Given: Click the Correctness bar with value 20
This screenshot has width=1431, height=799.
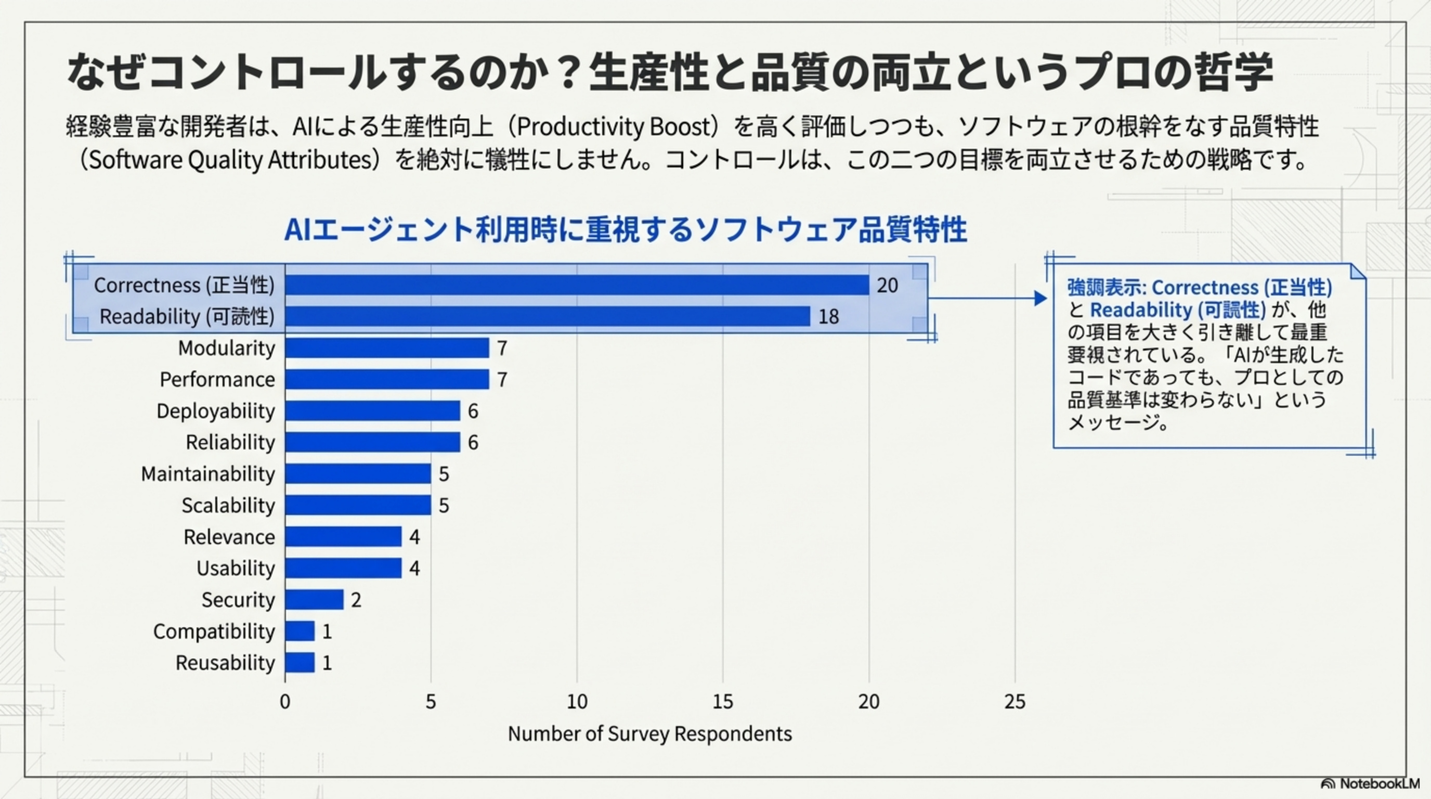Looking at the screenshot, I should pos(577,285).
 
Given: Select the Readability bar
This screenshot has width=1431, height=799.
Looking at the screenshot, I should pos(547,316).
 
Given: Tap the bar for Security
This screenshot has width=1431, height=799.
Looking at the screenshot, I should pos(315,600).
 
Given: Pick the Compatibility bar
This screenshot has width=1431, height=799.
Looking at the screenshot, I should pos(300,631).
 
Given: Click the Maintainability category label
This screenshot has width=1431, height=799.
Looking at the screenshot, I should pos(208,474).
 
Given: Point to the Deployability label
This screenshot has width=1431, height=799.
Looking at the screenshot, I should pos(216,411).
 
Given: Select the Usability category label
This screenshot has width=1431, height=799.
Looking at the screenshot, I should pos(236,569).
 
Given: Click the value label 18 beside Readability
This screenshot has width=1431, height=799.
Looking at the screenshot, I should pos(828,317).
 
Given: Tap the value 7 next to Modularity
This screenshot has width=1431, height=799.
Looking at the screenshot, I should pos(502,349).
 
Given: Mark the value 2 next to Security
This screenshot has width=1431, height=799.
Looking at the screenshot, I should pos(356,600).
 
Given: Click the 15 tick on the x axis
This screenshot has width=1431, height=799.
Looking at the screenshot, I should pos(723,702).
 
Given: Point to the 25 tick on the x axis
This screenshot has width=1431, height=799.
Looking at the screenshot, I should pos(1015,702).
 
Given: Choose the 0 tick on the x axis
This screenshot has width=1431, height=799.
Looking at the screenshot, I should pos(285,702).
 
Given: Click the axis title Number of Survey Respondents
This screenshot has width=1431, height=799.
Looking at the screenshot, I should pos(649,734).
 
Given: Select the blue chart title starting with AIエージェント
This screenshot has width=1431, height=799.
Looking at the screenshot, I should pos(626,229).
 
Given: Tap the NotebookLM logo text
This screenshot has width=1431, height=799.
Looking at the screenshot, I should pos(1380,783).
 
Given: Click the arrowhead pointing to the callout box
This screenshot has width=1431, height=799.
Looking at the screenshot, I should pos(1040,299).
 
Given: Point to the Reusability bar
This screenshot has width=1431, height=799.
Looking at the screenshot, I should pos(300,663).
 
